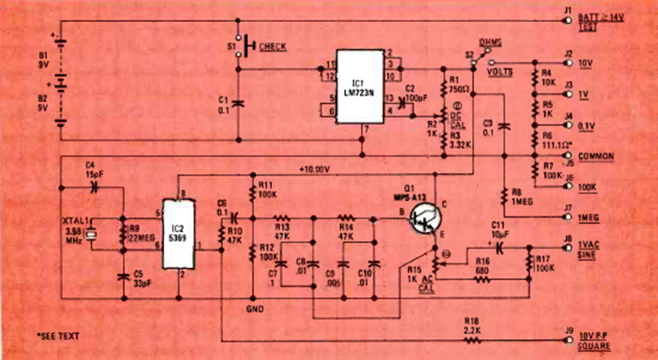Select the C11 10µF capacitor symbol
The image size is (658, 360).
pos(499,247)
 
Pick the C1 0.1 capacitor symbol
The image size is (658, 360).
pos(238,103)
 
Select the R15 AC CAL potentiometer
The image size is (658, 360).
pos(435,265)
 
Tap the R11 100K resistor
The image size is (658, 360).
pos(252,188)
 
